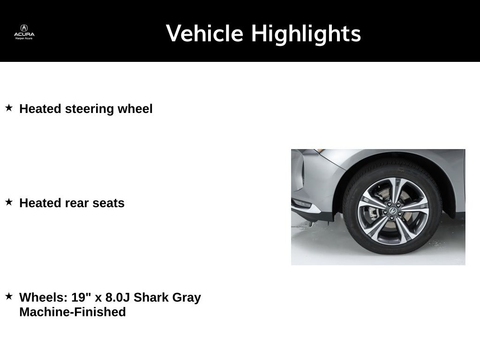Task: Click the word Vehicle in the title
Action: (204, 33)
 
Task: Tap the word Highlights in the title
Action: (306, 34)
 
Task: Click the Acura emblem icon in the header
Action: (24, 28)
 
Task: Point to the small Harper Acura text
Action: (24, 38)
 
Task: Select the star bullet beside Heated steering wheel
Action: (9, 108)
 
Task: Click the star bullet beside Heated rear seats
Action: (9, 202)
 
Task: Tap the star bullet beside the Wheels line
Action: (9, 296)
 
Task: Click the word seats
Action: (108, 203)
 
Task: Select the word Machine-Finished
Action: (73, 312)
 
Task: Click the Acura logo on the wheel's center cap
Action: (393, 211)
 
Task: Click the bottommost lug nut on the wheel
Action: (391, 218)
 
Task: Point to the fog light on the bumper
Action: (302, 203)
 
